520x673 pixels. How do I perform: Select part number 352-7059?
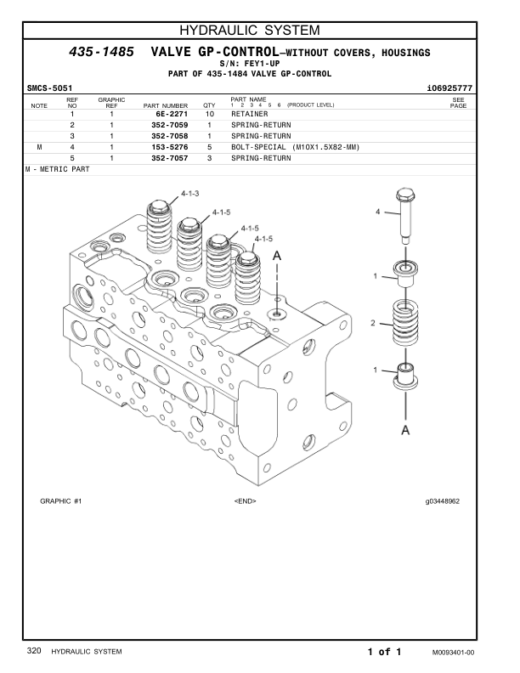[165, 125]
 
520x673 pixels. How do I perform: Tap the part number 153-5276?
[165, 147]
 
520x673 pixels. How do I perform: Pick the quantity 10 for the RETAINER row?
[209, 114]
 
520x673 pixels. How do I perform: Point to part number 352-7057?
[165, 158]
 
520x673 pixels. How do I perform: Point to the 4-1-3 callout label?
[189, 194]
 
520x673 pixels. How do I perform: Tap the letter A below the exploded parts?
[406, 430]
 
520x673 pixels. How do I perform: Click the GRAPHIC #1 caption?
[60, 501]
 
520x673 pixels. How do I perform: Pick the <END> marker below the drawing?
[245, 501]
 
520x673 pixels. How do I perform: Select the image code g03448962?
[443, 501]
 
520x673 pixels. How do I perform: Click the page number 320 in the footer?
[34, 651]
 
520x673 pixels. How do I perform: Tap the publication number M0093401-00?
[452, 652]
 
